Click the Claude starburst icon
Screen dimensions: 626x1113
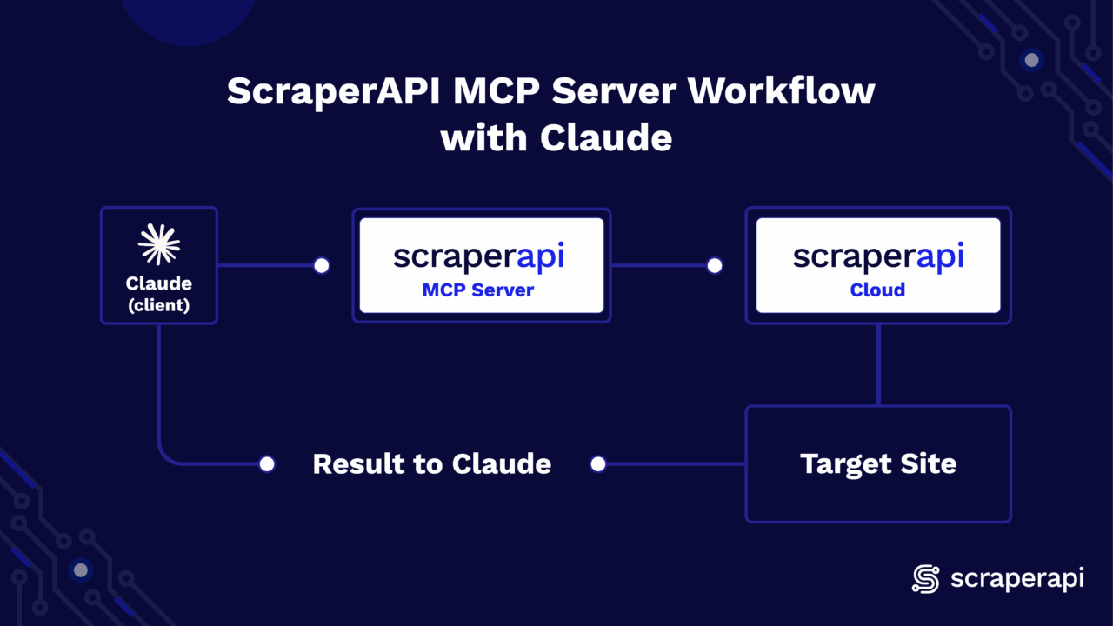(159, 243)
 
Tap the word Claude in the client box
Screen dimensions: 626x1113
(159, 283)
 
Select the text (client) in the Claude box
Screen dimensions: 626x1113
(159, 305)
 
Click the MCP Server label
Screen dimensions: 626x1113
(478, 290)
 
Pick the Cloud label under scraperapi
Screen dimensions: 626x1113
(877, 290)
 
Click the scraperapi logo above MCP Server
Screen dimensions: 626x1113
(478, 256)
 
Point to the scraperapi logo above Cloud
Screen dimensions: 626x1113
(877, 256)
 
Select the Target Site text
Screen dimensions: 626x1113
(878, 463)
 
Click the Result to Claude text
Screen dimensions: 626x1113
(431, 463)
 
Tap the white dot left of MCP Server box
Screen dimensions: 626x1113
(322, 265)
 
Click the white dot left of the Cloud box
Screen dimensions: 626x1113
(715, 265)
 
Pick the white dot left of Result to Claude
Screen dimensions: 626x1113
(267, 464)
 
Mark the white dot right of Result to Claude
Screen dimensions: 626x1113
(598, 464)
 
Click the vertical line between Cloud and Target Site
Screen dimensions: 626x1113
(878, 365)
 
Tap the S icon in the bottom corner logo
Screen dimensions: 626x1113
(926, 579)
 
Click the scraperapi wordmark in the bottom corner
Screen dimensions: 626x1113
(1017, 579)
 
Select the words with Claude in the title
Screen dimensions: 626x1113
(556, 138)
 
